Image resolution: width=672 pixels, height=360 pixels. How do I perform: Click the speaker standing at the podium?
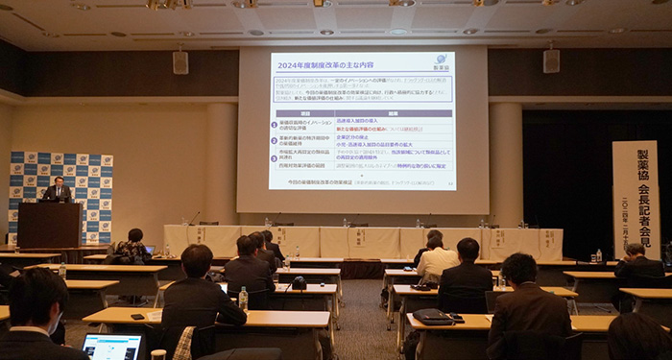[x=58, y=189]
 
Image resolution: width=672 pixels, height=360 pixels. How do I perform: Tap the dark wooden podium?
[x=49, y=225]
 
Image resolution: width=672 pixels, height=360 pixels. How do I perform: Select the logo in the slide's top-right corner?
[x=441, y=61]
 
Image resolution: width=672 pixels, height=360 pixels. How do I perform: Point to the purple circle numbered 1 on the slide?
[x=276, y=126]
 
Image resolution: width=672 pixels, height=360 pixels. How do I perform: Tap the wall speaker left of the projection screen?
[x=180, y=62]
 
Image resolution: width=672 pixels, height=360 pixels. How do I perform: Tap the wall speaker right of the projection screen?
[x=551, y=60]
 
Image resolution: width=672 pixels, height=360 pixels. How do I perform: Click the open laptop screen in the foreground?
[x=112, y=347]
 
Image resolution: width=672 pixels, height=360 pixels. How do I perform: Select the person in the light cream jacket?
[x=437, y=259]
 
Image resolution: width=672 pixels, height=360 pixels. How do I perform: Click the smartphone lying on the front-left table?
[x=137, y=316]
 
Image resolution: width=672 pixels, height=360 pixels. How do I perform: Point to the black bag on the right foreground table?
[x=433, y=315]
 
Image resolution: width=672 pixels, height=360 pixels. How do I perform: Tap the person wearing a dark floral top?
[x=130, y=249]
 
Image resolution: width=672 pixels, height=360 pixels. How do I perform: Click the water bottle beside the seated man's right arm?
[x=243, y=299]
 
